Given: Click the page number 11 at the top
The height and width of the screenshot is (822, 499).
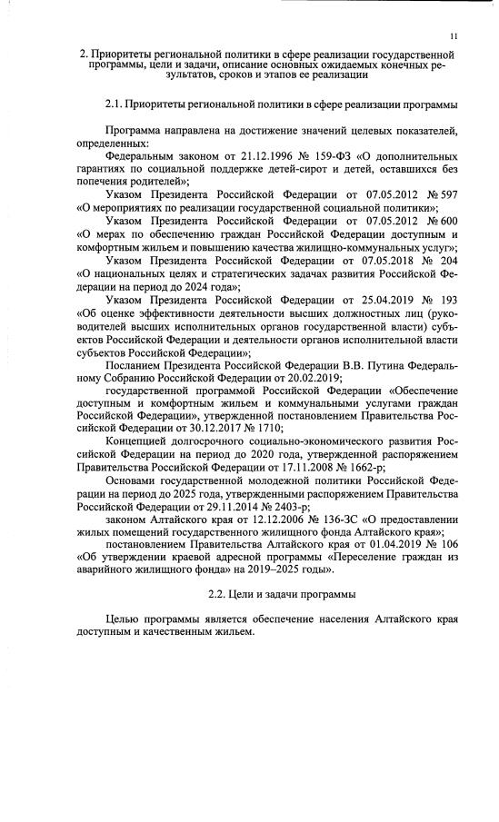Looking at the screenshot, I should click(452, 35).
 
